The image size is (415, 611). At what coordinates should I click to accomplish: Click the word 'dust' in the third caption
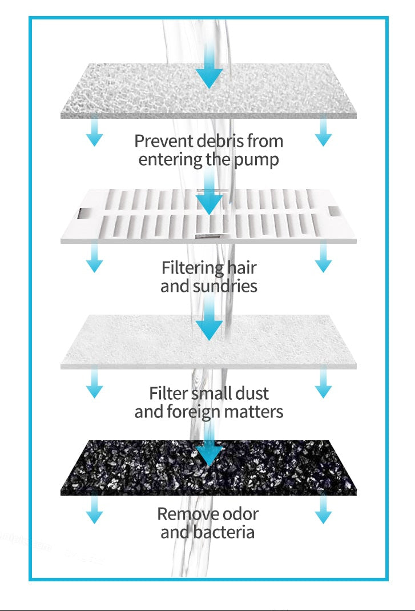[252, 393]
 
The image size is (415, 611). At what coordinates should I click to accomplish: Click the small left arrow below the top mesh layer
[94, 131]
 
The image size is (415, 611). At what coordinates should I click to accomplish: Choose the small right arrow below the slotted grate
[323, 257]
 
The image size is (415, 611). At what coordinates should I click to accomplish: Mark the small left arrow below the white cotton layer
[94, 383]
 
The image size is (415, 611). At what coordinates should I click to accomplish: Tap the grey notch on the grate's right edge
[335, 211]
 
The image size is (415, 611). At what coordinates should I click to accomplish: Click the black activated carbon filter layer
[208, 468]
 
